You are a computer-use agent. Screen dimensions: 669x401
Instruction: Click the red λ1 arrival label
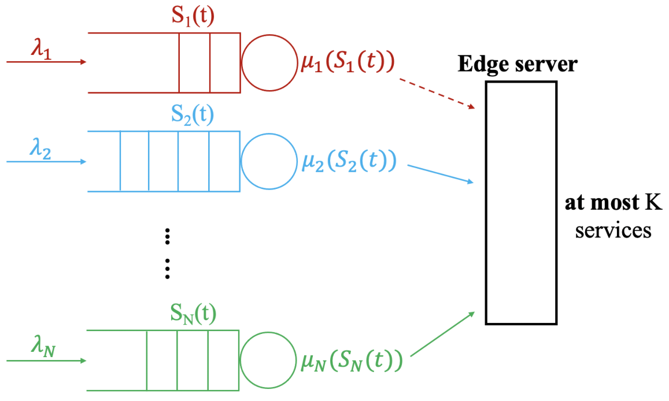pos(42,49)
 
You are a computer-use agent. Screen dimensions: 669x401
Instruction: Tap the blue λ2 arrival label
pos(40,150)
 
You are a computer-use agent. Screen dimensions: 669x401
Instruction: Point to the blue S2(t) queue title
pos(193,115)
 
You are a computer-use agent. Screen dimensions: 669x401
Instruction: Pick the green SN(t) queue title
pos(193,314)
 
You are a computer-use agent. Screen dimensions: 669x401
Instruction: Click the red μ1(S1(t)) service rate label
pos(348,62)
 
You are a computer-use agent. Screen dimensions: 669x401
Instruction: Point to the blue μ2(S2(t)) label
pos(349,162)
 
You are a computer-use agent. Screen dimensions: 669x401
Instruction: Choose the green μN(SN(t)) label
pos(352,361)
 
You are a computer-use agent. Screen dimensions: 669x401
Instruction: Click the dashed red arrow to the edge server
pos(437,94)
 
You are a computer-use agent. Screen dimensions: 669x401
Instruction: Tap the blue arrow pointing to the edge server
pos(441,174)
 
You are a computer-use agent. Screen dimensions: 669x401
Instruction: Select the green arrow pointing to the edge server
pos(442,334)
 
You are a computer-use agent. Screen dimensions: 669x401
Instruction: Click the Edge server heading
pos(518,65)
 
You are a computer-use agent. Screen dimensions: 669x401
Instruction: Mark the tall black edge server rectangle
pos(486,203)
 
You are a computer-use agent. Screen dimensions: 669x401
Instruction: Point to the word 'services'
pos(613,231)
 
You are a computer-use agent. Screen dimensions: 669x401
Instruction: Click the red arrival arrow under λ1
pos(46,62)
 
